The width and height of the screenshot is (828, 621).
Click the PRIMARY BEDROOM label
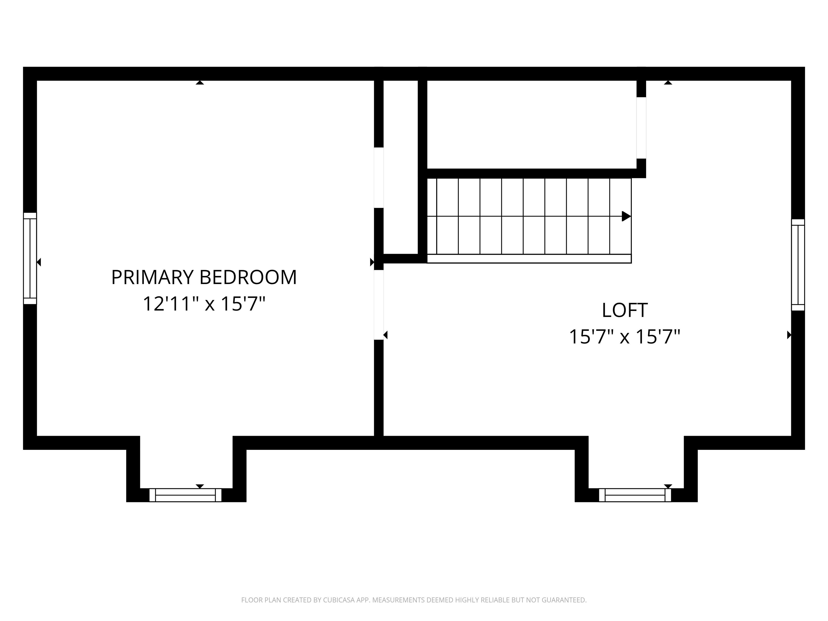(204, 277)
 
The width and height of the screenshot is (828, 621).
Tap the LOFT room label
(624, 310)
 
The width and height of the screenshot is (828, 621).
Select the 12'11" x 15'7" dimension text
(204, 303)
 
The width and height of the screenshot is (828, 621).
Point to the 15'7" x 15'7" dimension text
(624, 337)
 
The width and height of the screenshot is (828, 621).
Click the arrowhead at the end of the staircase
(626, 216)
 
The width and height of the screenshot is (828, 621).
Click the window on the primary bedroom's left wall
(30, 258)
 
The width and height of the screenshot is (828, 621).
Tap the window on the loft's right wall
(798, 265)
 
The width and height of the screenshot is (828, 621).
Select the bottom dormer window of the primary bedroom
(185, 495)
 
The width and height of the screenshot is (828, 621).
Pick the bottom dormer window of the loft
(635, 495)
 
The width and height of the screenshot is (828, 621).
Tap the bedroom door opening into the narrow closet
(379, 178)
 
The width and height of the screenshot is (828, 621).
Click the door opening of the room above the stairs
(641, 128)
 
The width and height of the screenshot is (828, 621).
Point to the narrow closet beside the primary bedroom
(401, 167)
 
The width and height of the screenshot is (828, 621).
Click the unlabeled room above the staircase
(532, 125)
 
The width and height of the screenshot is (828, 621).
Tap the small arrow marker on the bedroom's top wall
(200, 82)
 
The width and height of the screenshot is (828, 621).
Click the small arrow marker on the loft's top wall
(668, 82)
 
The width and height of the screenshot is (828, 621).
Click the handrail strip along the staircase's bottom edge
(529, 259)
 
